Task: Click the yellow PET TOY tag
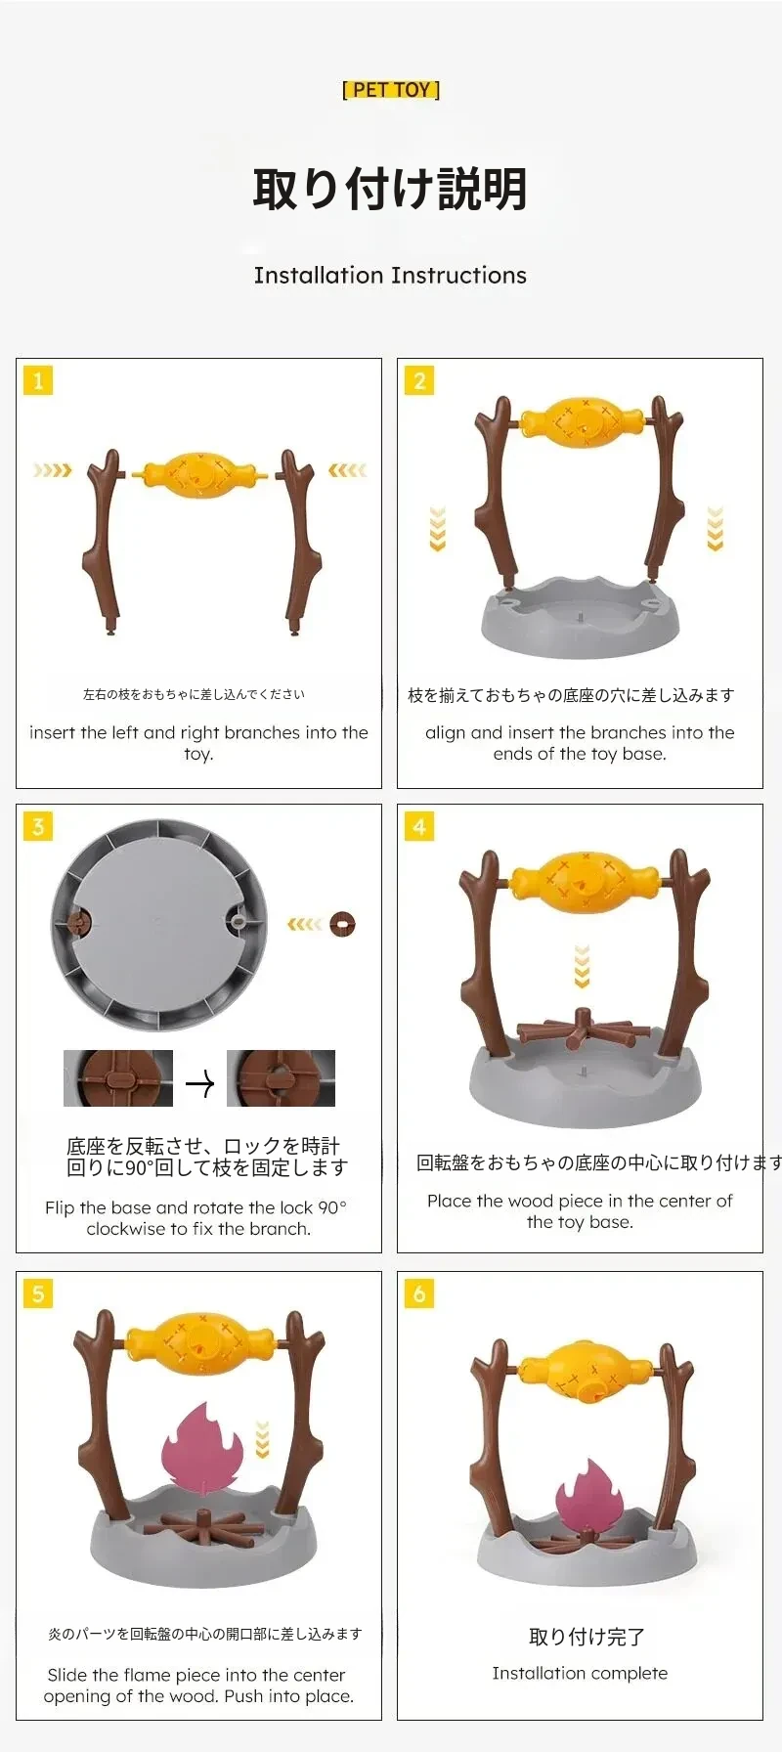[x=391, y=90]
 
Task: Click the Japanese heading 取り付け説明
[x=390, y=189]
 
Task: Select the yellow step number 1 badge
[x=38, y=380]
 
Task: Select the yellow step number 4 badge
[x=419, y=826]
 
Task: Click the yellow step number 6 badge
[x=419, y=1293]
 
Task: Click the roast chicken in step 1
[x=199, y=475]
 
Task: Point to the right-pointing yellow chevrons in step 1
[x=52, y=470]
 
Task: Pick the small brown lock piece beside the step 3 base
[x=343, y=924]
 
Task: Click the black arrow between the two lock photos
[x=199, y=1083]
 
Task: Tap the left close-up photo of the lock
[x=118, y=1078]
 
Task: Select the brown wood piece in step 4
[x=582, y=1032]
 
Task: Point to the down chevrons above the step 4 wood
[x=583, y=966]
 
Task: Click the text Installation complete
[x=580, y=1673]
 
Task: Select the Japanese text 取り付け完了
[x=586, y=1637]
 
